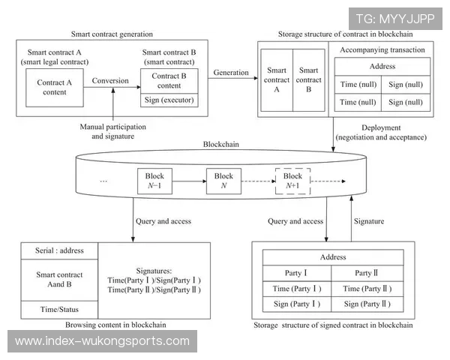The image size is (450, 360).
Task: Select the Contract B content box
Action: point(169,80)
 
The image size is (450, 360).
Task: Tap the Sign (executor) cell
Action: point(169,99)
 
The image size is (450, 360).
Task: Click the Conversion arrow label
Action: point(111,80)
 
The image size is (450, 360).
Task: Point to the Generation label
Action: point(231,72)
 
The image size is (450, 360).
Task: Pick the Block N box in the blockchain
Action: point(224,181)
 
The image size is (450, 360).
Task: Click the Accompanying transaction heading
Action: point(382,50)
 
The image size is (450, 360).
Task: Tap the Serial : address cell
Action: point(59,250)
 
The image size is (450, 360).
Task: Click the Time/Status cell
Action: point(59,309)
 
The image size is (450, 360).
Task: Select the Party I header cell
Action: point(297,273)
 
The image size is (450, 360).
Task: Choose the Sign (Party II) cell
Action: point(367,304)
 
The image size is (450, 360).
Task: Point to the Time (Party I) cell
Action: point(297,289)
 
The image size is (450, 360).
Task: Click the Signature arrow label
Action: point(368,221)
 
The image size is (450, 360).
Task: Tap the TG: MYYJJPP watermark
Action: point(394,19)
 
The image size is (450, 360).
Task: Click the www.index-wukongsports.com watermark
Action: point(102,341)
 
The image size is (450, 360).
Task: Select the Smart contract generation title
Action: point(112,34)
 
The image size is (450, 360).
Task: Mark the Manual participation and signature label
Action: point(113,132)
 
